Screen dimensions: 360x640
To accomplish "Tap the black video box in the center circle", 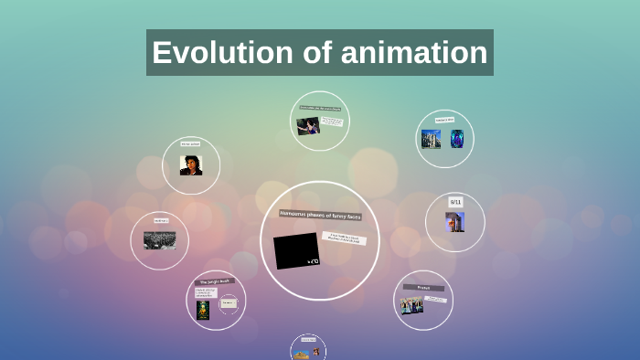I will click(297, 250).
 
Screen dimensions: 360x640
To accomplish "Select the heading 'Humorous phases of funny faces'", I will click(320, 216).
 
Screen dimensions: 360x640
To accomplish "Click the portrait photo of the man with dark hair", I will click(190, 165).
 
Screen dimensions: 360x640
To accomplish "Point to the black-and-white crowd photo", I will click(159, 240).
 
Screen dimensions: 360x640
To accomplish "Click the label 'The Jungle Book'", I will click(216, 281).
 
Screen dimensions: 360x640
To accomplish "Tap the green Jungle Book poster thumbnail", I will click(203, 310).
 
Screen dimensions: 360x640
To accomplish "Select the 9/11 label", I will click(455, 201).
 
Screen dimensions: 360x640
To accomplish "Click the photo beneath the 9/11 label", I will click(454, 222).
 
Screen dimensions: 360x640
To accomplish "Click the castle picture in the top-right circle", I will click(431, 139).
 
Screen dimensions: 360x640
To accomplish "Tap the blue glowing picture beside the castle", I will click(456, 139).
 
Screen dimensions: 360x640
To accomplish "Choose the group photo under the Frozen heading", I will click(411, 305).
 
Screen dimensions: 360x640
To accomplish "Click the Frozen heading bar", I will click(423, 287).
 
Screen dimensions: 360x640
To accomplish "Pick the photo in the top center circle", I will click(308, 126).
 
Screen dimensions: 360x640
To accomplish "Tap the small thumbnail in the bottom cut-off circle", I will click(307, 351).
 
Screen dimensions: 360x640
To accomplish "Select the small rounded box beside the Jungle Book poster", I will click(228, 302).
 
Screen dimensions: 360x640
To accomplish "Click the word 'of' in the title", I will click(318, 53).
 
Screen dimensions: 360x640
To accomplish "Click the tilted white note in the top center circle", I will click(332, 121).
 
